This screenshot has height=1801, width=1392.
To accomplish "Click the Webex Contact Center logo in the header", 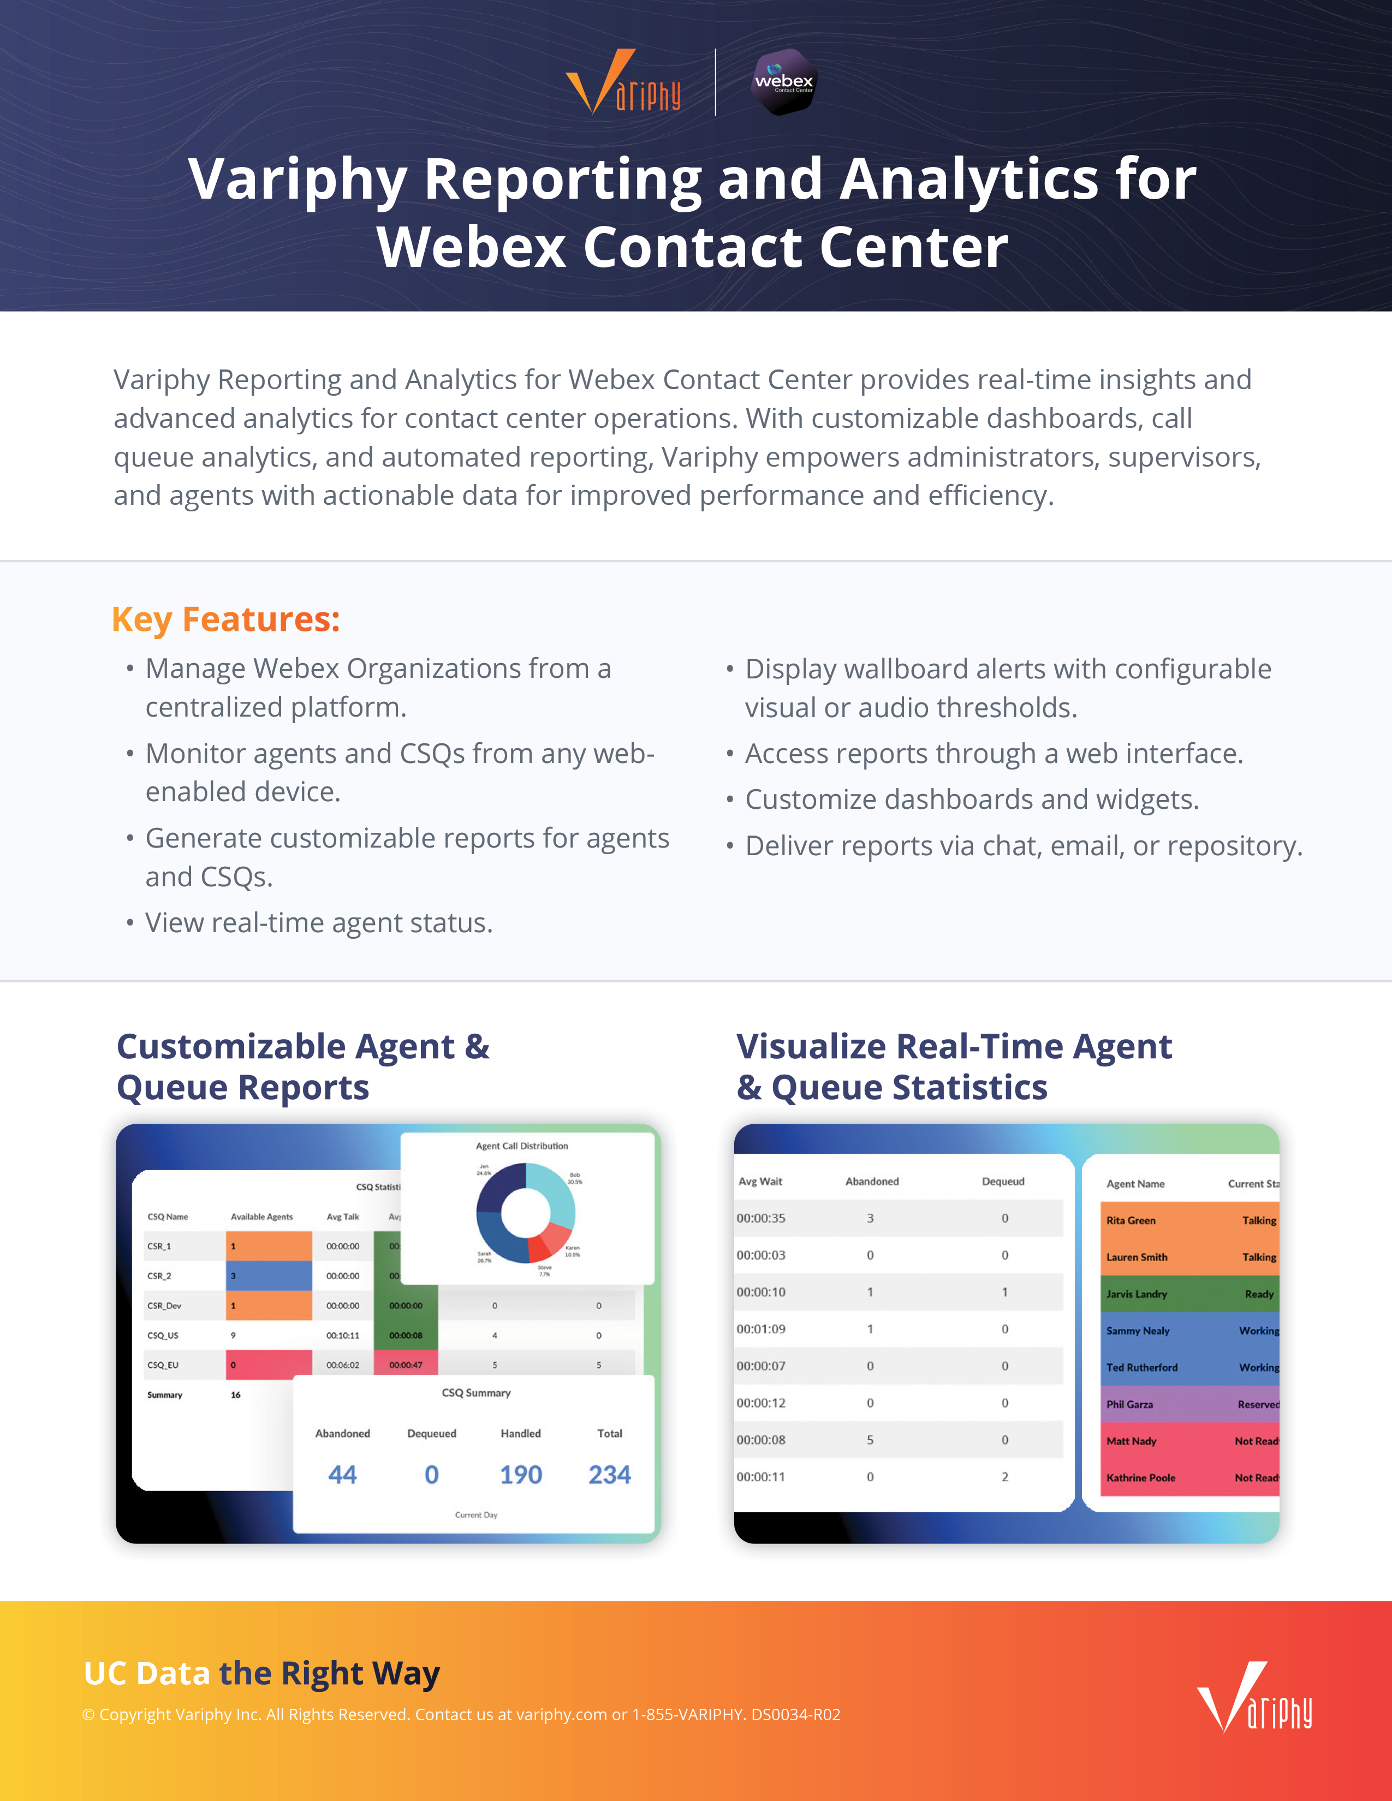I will pos(783,82).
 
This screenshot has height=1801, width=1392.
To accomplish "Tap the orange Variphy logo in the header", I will pos(623,82).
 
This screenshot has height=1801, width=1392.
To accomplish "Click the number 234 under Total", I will pos(609,1475).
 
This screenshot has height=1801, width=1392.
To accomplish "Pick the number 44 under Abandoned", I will pos(342,1475).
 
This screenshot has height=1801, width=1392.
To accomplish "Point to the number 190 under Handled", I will pos(520,1475).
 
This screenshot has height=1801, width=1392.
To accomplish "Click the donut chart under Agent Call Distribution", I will pos(525,1212).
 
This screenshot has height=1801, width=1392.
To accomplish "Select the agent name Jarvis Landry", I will pos(1137,1294).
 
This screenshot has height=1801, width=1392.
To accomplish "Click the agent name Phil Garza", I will pos(1130,1404).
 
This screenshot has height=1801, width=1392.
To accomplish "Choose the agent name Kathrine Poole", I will pos(1140,1478).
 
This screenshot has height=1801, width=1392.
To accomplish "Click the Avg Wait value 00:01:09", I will pos(760,1329).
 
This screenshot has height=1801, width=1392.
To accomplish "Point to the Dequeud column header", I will pos(1003,1182).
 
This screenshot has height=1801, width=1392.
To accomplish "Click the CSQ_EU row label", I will pos(163,1365).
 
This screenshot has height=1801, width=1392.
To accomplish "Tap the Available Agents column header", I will pos(261,1216).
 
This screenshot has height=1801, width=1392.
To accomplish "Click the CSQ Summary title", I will pos(476,1393).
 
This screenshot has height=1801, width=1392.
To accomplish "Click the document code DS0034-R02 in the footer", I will pos(795,1714).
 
